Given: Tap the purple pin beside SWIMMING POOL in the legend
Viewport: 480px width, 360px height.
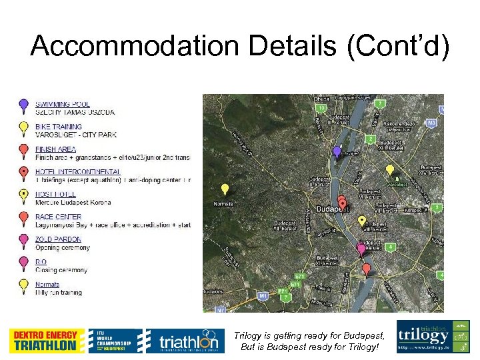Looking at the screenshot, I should click(23, 104).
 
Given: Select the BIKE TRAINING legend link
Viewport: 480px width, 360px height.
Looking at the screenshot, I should click(59, 127).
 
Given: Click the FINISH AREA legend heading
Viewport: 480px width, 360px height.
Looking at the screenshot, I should click(56, 149).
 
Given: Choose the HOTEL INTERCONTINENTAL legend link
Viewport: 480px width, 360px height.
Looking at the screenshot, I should click(78, 172).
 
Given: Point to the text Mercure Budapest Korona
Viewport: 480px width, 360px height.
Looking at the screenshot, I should click(73, 202).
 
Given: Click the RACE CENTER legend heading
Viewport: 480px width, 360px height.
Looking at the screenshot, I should click(59, 217).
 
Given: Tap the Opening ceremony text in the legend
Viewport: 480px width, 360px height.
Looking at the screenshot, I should click(63, 247).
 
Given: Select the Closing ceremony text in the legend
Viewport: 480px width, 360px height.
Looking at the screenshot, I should click(61, 270).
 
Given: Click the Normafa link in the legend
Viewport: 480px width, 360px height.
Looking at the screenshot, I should click(47, 285).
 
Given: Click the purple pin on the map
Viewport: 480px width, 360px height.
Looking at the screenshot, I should click(337, 153).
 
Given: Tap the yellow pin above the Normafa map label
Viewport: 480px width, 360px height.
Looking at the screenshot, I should click(225, 189).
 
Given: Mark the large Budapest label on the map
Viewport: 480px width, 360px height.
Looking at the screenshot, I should click(333, 209).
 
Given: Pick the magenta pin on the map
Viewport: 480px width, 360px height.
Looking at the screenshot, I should click(361, 249).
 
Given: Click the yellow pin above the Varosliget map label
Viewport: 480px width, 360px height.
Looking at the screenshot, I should click(390, 171).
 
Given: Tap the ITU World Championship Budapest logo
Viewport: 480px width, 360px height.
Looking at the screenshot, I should click(115, 341).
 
